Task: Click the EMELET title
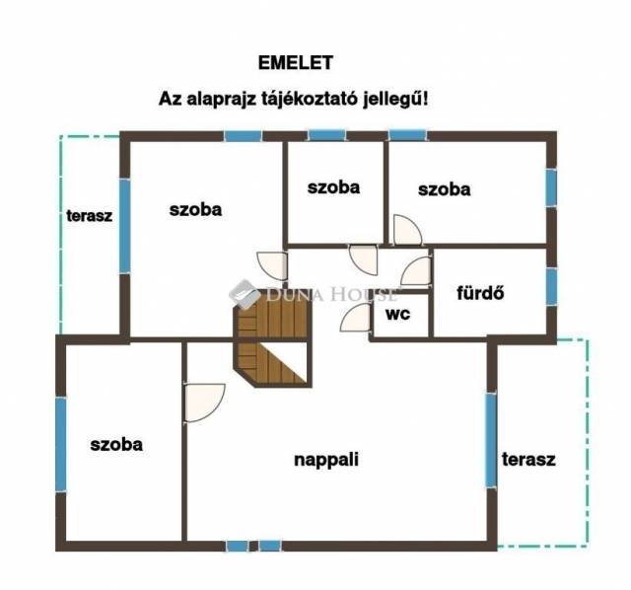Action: tap(296, 62)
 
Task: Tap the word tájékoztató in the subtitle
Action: tap(309, 99)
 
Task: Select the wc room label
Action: tap(398, 314)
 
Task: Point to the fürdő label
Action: tap(480, 293)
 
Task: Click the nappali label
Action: tap(326, 460)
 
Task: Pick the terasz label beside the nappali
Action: tap(528, 459)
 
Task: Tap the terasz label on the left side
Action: tap(90, 216)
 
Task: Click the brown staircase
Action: tap(273, 337)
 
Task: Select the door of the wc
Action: tap(355, 318)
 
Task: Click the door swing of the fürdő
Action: tap(416, 271)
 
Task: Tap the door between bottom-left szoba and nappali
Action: tap(204, 403)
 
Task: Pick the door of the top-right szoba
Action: tap(407, 230)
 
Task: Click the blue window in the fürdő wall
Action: tap(551, 286)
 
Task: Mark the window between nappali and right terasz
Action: tap(491, 440)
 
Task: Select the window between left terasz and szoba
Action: tap(125, 226)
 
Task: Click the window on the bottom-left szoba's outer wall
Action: tap(61, 444)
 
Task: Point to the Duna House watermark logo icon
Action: tap(245, 294)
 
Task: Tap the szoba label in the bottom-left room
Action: tap(116, 444)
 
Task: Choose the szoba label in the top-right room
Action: tap(445, 189)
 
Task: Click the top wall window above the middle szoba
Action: tap(327, 135)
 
